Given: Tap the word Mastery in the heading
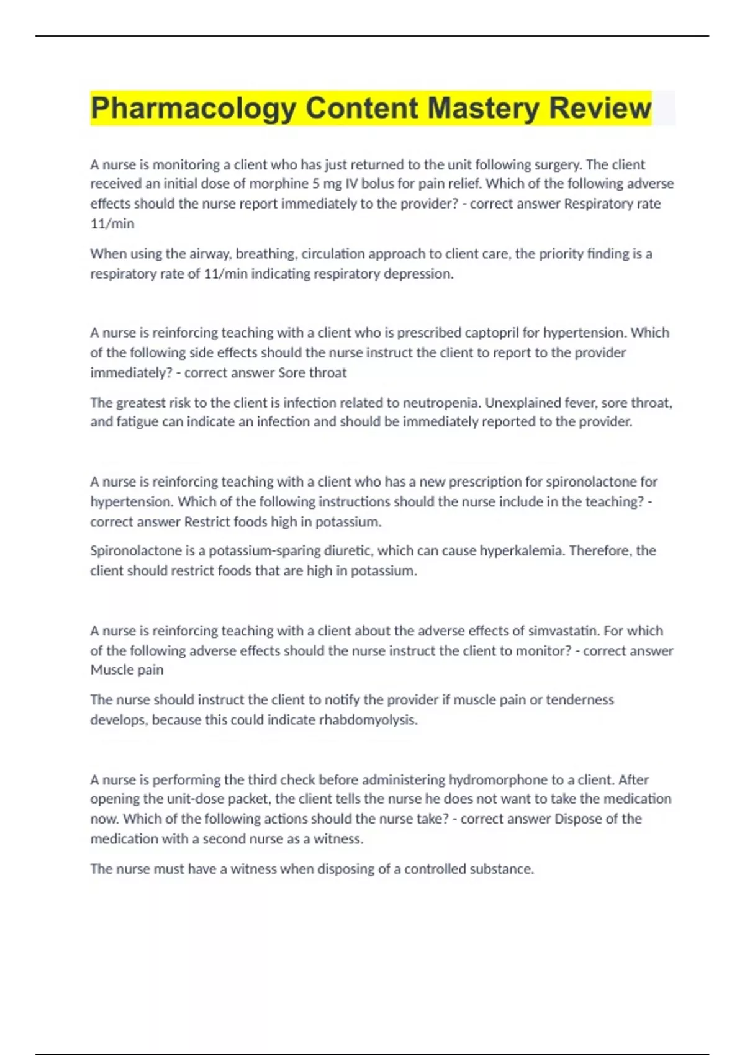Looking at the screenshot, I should [x=484, y=108].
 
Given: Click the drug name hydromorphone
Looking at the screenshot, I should [x=494, y=779].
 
